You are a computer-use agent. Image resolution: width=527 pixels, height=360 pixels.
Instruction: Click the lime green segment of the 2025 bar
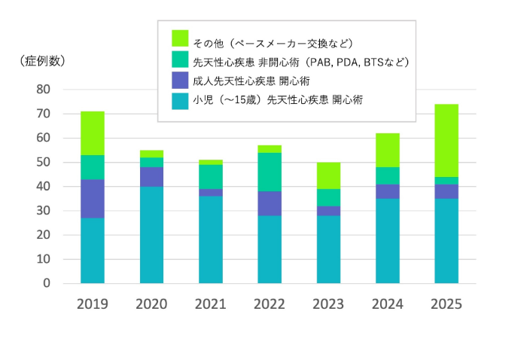446,141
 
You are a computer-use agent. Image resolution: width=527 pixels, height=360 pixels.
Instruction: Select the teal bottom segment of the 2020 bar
151,235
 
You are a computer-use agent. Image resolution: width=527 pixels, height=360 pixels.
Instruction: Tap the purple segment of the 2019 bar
93,199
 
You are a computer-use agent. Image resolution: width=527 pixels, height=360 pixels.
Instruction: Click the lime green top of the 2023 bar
328,175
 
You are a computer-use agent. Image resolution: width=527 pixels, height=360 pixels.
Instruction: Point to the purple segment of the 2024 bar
387,191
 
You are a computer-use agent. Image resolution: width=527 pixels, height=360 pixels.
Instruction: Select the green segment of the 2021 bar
211,176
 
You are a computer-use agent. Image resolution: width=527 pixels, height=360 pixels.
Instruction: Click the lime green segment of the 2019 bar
93,133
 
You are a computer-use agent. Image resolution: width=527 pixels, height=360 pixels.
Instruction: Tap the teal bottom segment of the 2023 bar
328,249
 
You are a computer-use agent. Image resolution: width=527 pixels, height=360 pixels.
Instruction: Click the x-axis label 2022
270,304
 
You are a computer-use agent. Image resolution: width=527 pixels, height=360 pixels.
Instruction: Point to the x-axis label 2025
446,304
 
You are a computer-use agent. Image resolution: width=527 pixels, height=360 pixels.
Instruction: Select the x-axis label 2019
93,304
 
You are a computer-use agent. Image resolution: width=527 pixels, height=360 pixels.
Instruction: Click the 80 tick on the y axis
43,90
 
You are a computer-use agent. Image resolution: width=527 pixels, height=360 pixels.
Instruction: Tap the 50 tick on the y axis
43,163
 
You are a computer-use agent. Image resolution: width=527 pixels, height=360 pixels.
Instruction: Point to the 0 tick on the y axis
47,284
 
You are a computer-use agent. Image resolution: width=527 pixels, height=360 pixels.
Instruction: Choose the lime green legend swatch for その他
180,38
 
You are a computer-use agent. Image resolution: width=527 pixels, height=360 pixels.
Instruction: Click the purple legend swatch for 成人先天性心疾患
180,80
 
